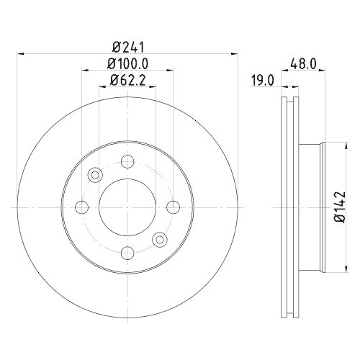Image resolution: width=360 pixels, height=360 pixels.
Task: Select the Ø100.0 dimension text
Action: point(127,64)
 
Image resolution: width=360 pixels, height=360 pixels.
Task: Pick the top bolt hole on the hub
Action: point(127,161)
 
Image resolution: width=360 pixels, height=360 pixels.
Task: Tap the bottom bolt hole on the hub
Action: point(127,253)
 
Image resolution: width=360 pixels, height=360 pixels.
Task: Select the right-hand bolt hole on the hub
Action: point(172,207)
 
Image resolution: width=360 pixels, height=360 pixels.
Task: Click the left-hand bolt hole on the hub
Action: point(81,207)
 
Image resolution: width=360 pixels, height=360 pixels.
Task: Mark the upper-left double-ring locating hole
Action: point(94,175)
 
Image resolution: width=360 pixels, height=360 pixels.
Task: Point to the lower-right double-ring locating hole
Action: point(159,240)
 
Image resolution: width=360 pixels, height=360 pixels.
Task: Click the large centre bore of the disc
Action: point(127,207)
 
